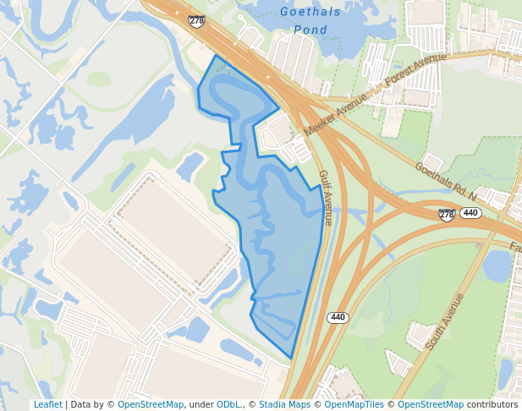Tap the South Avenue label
tap(446, 321)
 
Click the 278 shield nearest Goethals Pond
tap(196, 20)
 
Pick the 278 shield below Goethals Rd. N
tap(447, 215)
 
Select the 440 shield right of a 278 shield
tap(471, 213)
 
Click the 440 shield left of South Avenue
tap(338, 317)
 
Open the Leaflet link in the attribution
tap(48, 404)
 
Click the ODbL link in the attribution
tap(228, 404)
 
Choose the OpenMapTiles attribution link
tap(358, 404)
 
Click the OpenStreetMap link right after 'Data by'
tap(151, 404)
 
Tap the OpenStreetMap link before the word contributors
tap(431, 404)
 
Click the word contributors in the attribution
tap(492, 404)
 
